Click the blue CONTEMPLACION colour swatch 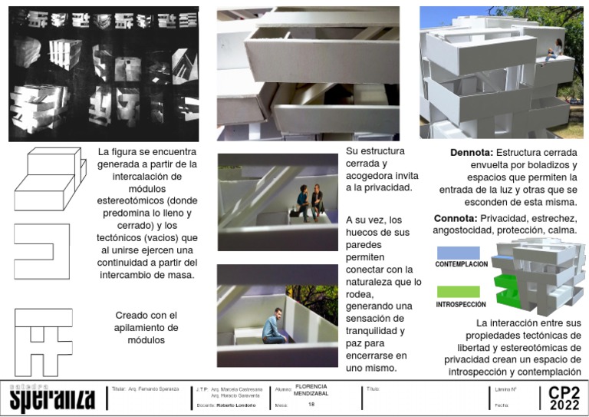click(x=458, y=253)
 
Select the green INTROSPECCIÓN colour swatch click(x=458, y=292)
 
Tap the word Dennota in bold click(x=471, y=153)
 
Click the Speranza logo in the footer click(x=52, y=398)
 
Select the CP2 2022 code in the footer click(x=564, y=398)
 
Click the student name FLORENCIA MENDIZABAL click(x=311, y=390)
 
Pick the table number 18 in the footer click(x=311, y=404)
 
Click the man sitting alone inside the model click(x=274, y=327)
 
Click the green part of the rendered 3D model click(x=507, y=288)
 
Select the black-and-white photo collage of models click(x=103, y=74)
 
